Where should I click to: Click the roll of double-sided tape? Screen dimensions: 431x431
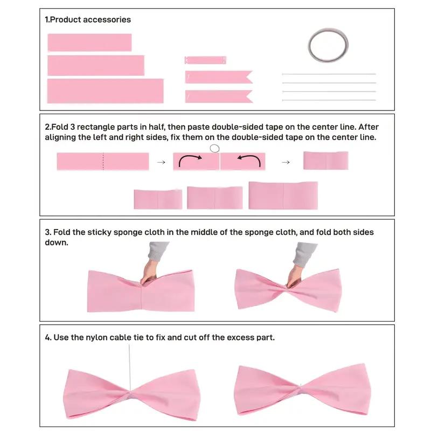coord(328,44)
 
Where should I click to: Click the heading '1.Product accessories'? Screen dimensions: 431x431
coord(88,19)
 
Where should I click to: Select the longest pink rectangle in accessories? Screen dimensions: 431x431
coord(105,91)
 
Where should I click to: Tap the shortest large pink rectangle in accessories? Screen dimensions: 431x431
coord(89,43)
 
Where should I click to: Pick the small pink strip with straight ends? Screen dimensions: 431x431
coord(205,60)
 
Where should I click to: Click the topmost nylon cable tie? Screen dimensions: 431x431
coord(329,74)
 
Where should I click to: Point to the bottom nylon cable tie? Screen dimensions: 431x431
coord(329,100)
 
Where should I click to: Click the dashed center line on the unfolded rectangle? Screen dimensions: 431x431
coord(103,162)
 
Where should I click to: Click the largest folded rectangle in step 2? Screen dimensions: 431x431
coord(283,196)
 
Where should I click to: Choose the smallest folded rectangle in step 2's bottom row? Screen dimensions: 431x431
coord(158,199)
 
